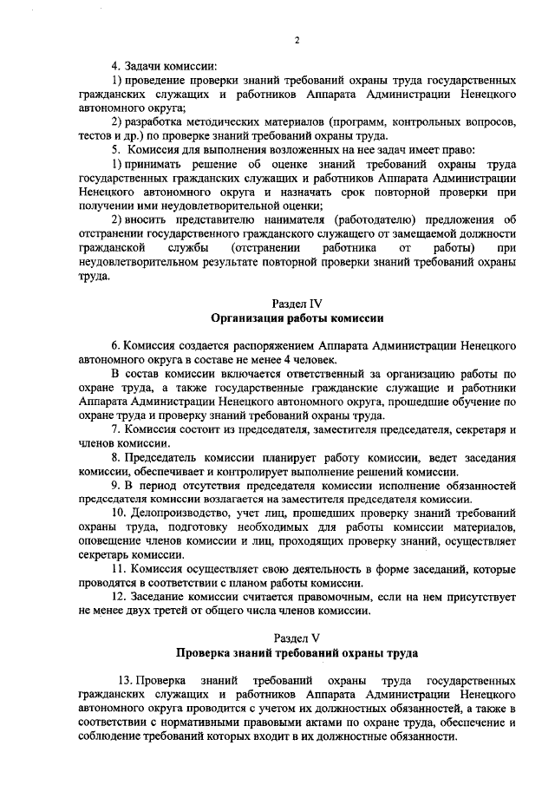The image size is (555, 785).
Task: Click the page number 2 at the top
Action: tap(296, 40)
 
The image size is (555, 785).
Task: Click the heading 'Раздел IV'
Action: tap(297, 304)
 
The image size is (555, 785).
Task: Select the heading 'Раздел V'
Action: tap(297, 637)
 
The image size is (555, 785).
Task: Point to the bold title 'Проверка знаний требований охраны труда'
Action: tap(297, 651)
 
